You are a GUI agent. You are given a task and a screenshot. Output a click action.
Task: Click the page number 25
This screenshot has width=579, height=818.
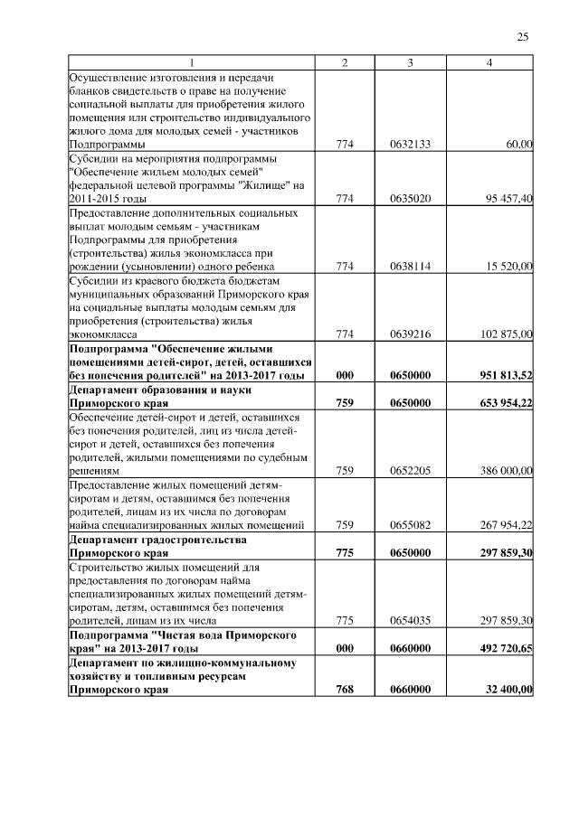coord(523,36)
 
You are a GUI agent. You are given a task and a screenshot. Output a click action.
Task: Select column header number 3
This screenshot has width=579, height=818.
coord(411,61)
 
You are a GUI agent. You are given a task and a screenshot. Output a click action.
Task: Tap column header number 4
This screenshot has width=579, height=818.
coord(489,61)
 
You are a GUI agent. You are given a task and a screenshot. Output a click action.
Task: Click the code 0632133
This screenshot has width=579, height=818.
coord(410,144)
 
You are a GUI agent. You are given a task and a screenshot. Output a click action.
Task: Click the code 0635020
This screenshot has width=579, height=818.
coord(410,199)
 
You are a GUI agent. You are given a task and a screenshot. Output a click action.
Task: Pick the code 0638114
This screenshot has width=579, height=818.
coord(410,266)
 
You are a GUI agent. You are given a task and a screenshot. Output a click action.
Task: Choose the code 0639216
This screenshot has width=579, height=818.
coord(410,334)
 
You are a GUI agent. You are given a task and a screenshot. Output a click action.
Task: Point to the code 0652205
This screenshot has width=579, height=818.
coord(410,471)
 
